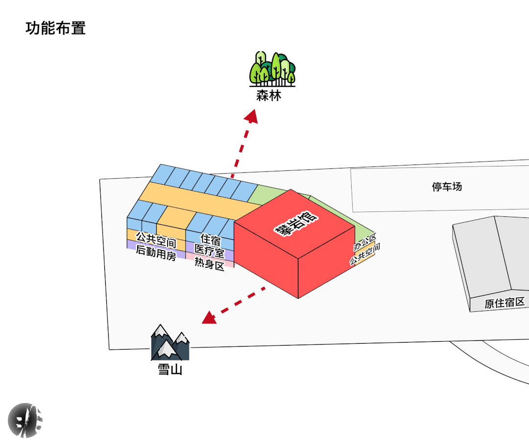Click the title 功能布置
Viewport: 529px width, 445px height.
tap(55, 28)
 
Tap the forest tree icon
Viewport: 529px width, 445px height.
tap(272, 69)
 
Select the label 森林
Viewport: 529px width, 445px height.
tap(269, 95)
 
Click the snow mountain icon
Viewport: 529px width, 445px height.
tap(169, 343)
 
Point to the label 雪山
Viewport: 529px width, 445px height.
tap(170, 369)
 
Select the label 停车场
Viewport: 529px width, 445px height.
tap(447, 187)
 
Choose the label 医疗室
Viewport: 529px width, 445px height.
tap(209, 252)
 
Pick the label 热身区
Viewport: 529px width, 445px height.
tap(209, 264)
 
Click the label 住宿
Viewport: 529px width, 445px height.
tap(210, 240)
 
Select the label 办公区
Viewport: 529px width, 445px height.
tap(365, 242)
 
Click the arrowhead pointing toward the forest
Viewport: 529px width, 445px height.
tap(252, 117)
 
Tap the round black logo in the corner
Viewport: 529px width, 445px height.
tap(25, 420)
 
